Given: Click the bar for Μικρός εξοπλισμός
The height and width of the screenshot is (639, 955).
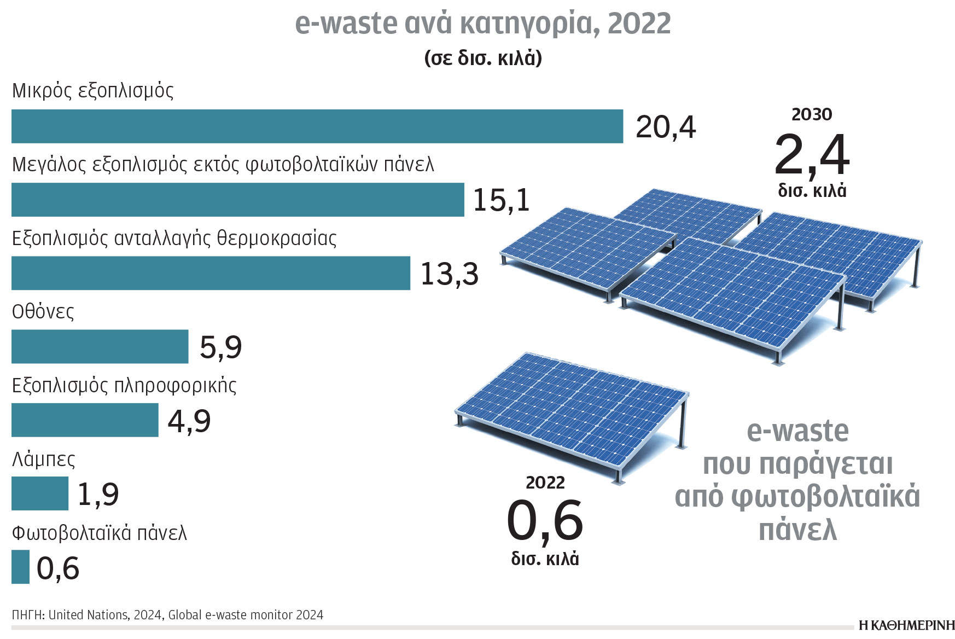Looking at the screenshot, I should click(317, 126).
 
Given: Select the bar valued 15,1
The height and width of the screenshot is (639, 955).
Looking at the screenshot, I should click(238, 200).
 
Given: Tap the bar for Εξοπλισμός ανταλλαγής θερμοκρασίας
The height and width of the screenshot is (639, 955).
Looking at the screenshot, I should click(211, 273).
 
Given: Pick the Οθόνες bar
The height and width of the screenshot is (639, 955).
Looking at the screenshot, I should click(100, 346).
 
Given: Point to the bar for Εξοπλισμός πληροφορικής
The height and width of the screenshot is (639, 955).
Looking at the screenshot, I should click(85, 420).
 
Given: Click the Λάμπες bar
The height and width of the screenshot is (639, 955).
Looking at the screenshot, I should click(40, 493).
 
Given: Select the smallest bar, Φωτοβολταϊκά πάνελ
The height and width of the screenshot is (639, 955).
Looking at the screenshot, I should click(20, 567).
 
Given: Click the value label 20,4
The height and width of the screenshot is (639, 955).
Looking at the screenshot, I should click(665, 127).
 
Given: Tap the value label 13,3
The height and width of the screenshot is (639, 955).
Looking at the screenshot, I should click(449, 274).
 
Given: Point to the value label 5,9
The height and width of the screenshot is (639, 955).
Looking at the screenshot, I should click(220, 347).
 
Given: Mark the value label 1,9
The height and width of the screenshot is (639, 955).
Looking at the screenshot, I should click(98, 494).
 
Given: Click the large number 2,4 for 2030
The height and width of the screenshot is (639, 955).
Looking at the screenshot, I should click(812, 155).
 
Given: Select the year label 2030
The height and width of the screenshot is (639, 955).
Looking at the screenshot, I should click(812, 114).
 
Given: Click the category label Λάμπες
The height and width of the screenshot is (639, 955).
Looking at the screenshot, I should click(43, 459).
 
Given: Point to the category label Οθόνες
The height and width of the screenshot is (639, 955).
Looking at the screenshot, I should click(43, 312).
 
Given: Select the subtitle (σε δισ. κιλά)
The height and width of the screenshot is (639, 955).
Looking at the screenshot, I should click(483, 58).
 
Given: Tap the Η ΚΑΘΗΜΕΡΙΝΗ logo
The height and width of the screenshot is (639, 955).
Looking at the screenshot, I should click(906, 625).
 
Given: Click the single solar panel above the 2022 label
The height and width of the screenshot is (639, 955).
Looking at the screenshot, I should click(572, 413).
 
